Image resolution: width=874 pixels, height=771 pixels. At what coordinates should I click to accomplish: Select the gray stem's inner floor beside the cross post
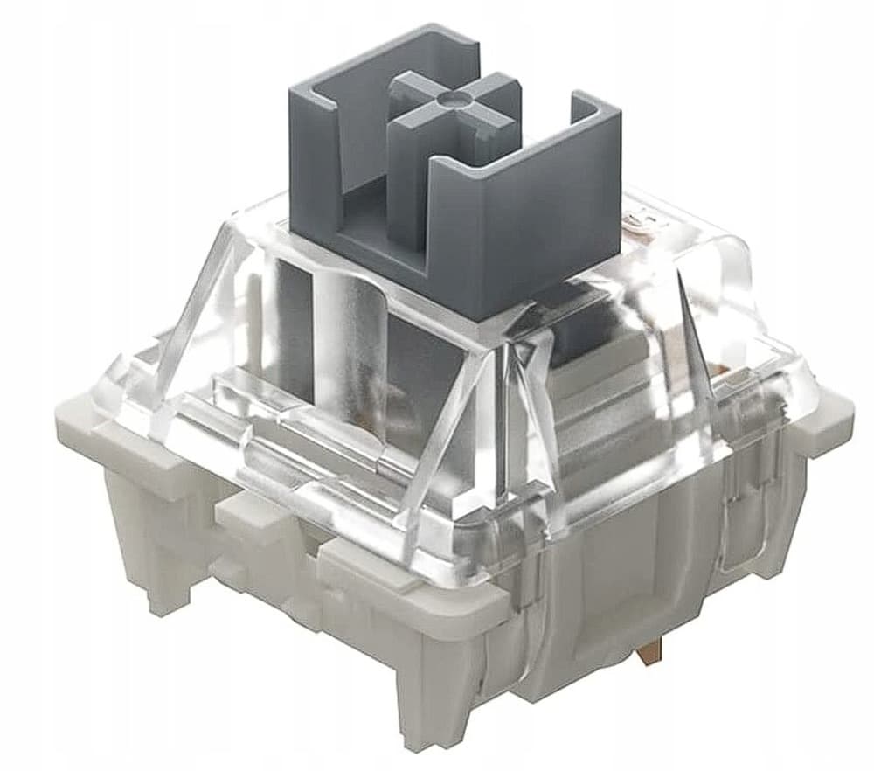point(367,201)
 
